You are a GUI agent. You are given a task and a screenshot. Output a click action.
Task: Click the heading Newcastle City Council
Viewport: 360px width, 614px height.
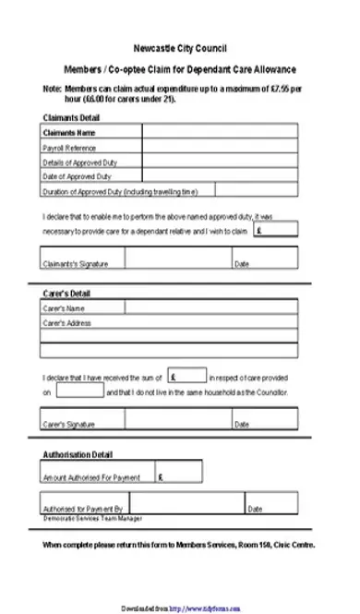[x=179, y=47]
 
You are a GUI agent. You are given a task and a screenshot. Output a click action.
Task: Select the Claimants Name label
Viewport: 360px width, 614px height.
[x=70, y=133]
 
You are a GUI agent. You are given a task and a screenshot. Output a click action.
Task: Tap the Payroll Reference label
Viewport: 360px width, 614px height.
[x=70, y=148]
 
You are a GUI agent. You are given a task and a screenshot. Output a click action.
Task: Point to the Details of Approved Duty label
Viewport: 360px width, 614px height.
[x=80, y=162]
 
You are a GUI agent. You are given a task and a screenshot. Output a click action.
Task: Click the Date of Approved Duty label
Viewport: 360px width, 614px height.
[x=78, y=175]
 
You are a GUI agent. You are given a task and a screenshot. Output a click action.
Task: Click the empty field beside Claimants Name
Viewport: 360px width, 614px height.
[x=219, y=133]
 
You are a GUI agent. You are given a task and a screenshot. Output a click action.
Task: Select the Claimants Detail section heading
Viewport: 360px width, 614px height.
[x=72, y=117]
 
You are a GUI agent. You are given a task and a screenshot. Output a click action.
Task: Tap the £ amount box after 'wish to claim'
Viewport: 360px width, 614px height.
[x=275, y=230]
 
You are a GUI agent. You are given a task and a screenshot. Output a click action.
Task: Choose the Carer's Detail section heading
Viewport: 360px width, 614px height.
[x=66, y=294]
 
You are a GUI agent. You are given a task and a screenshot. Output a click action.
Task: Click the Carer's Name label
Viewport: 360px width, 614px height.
[x=65, y=308]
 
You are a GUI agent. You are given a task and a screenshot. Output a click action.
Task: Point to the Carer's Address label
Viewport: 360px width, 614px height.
[x=68, y=323]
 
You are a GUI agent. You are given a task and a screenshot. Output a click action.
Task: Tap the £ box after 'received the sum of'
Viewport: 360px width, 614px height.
[x=187, y=377]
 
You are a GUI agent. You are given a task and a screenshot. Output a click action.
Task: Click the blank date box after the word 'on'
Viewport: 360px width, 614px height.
[x=79, y=391]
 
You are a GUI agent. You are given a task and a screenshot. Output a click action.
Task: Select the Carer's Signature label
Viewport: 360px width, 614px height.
[x=69, y=425]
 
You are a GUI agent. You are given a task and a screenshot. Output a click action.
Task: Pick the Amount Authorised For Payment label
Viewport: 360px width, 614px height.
[x=91, y=478]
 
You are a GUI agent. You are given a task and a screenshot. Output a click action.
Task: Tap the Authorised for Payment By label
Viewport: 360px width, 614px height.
[x=83, y=509]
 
